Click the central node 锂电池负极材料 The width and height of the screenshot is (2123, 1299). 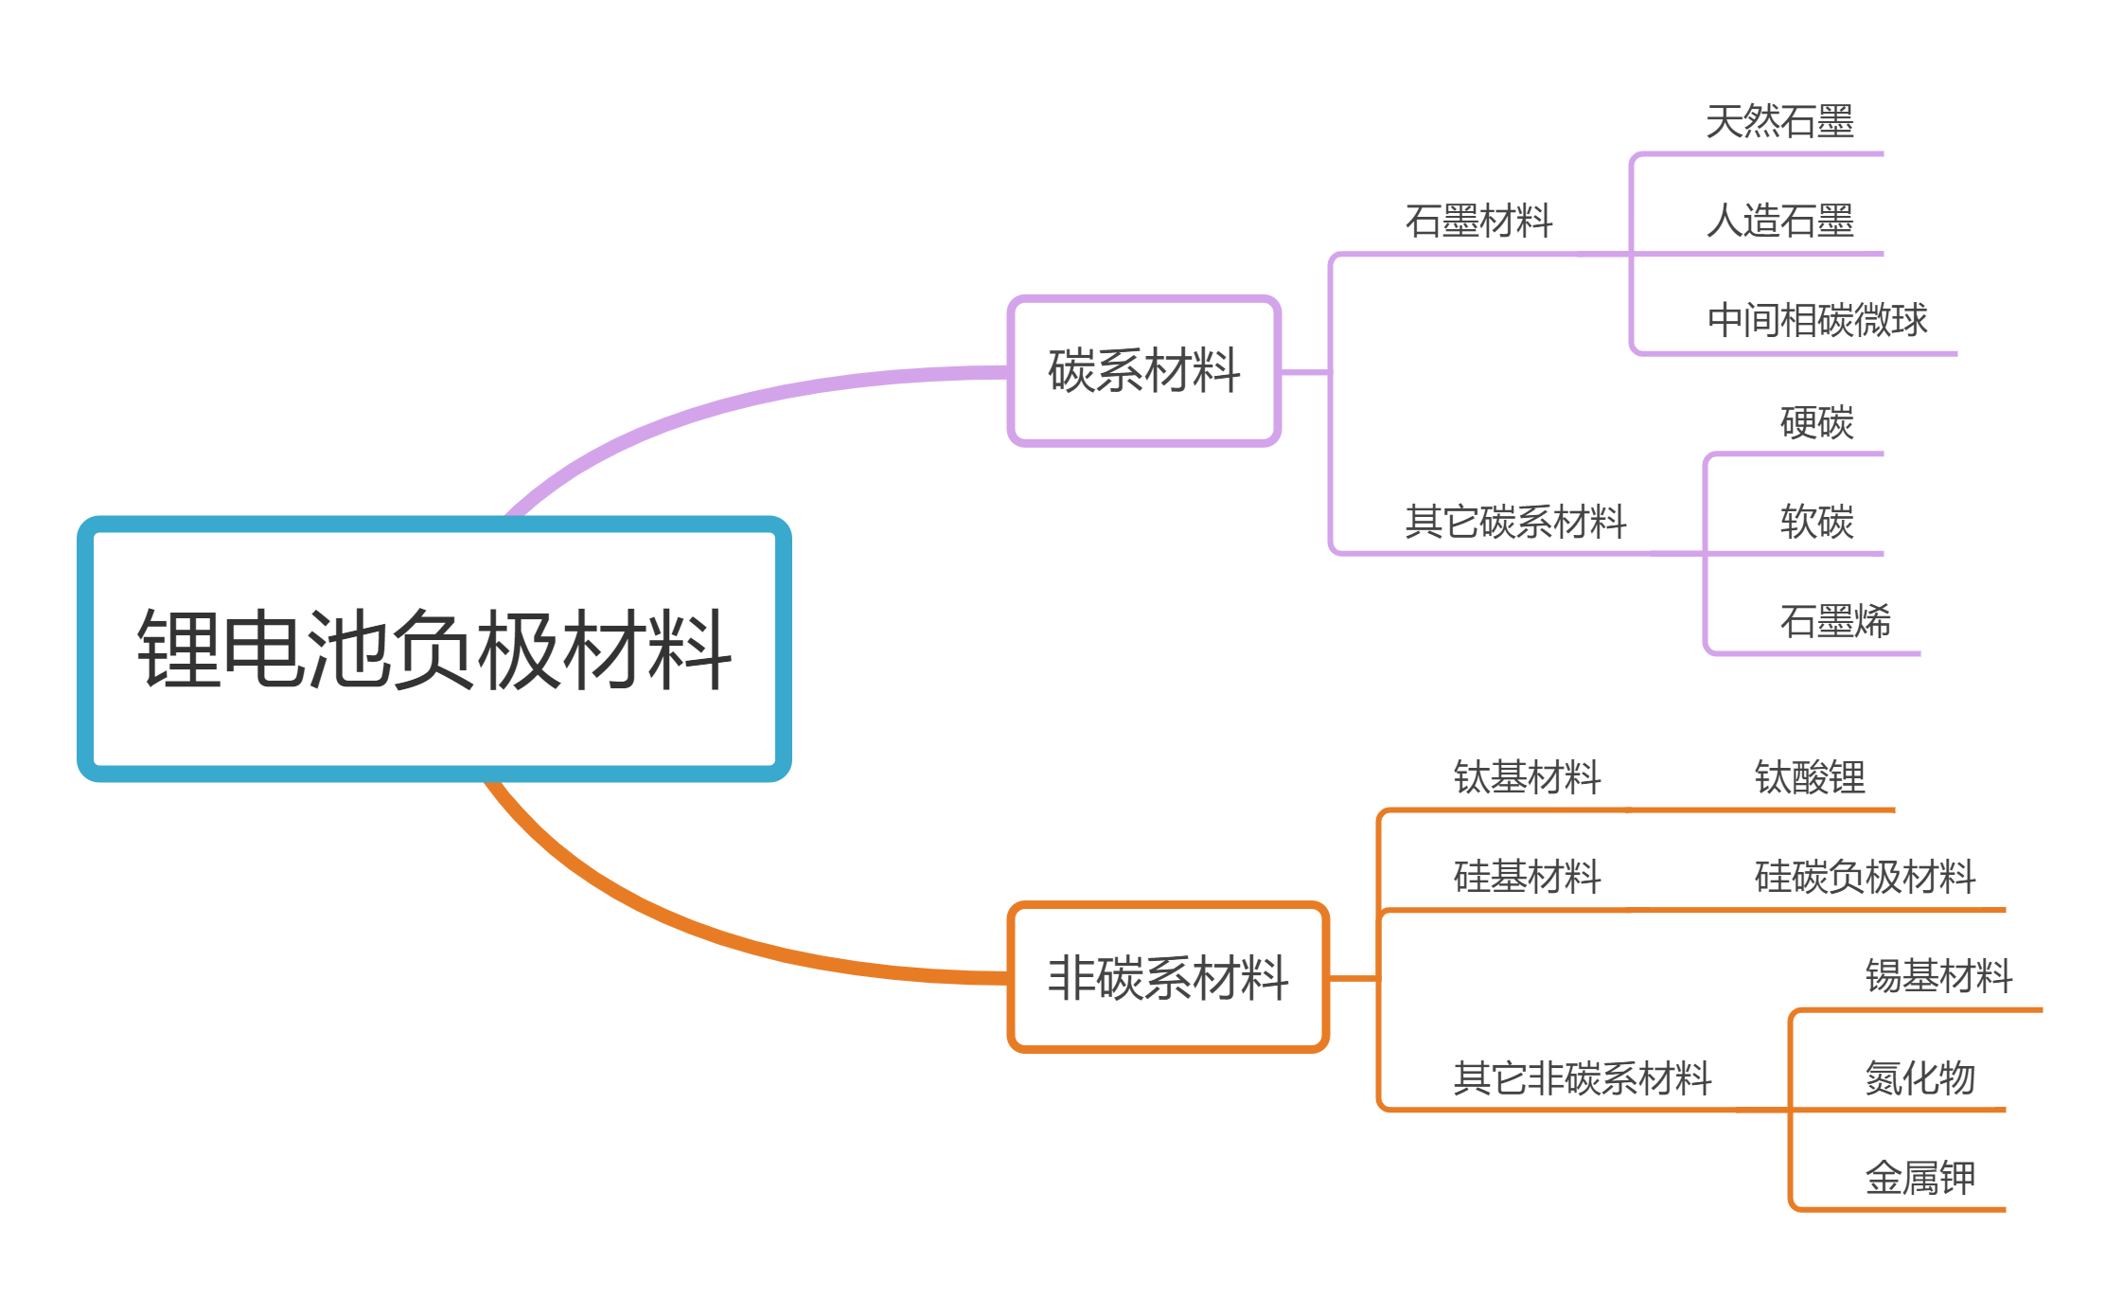click(x=433, y=649)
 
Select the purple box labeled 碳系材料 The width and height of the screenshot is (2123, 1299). click(x=1143, y=370)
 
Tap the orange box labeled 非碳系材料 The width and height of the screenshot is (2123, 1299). click(x=1167, y=977)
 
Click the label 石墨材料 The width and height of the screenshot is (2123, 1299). click(x=1478, y=222)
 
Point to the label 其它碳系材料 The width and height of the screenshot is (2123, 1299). click(x=1515, y=522)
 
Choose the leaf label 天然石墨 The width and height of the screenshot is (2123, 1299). click(x=1779, y=122)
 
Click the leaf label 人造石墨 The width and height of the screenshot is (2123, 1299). click(x=1779, y=222)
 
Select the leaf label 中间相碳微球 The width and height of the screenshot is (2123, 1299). click(x=1817, y=321)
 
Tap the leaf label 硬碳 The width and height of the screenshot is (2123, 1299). click(x=1816, y=422)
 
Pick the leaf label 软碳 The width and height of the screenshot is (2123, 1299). click(x=1816, y=522)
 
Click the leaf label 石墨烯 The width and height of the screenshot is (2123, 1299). click(x=1835, y=622)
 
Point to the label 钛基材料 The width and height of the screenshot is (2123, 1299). click(x=1527, y=778)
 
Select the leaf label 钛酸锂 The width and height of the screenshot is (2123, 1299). click(x=1810, y=778)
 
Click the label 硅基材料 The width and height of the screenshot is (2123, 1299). click(x=1527, y=878)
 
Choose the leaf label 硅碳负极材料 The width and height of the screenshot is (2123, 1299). click(x=1865, y=878)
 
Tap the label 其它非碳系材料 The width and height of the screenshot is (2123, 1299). click(x=1583, y=1078)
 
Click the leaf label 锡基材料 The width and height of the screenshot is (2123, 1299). click(x=1938, y=977)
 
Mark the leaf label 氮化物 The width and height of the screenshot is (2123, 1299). click(x=1920, y=1078)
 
